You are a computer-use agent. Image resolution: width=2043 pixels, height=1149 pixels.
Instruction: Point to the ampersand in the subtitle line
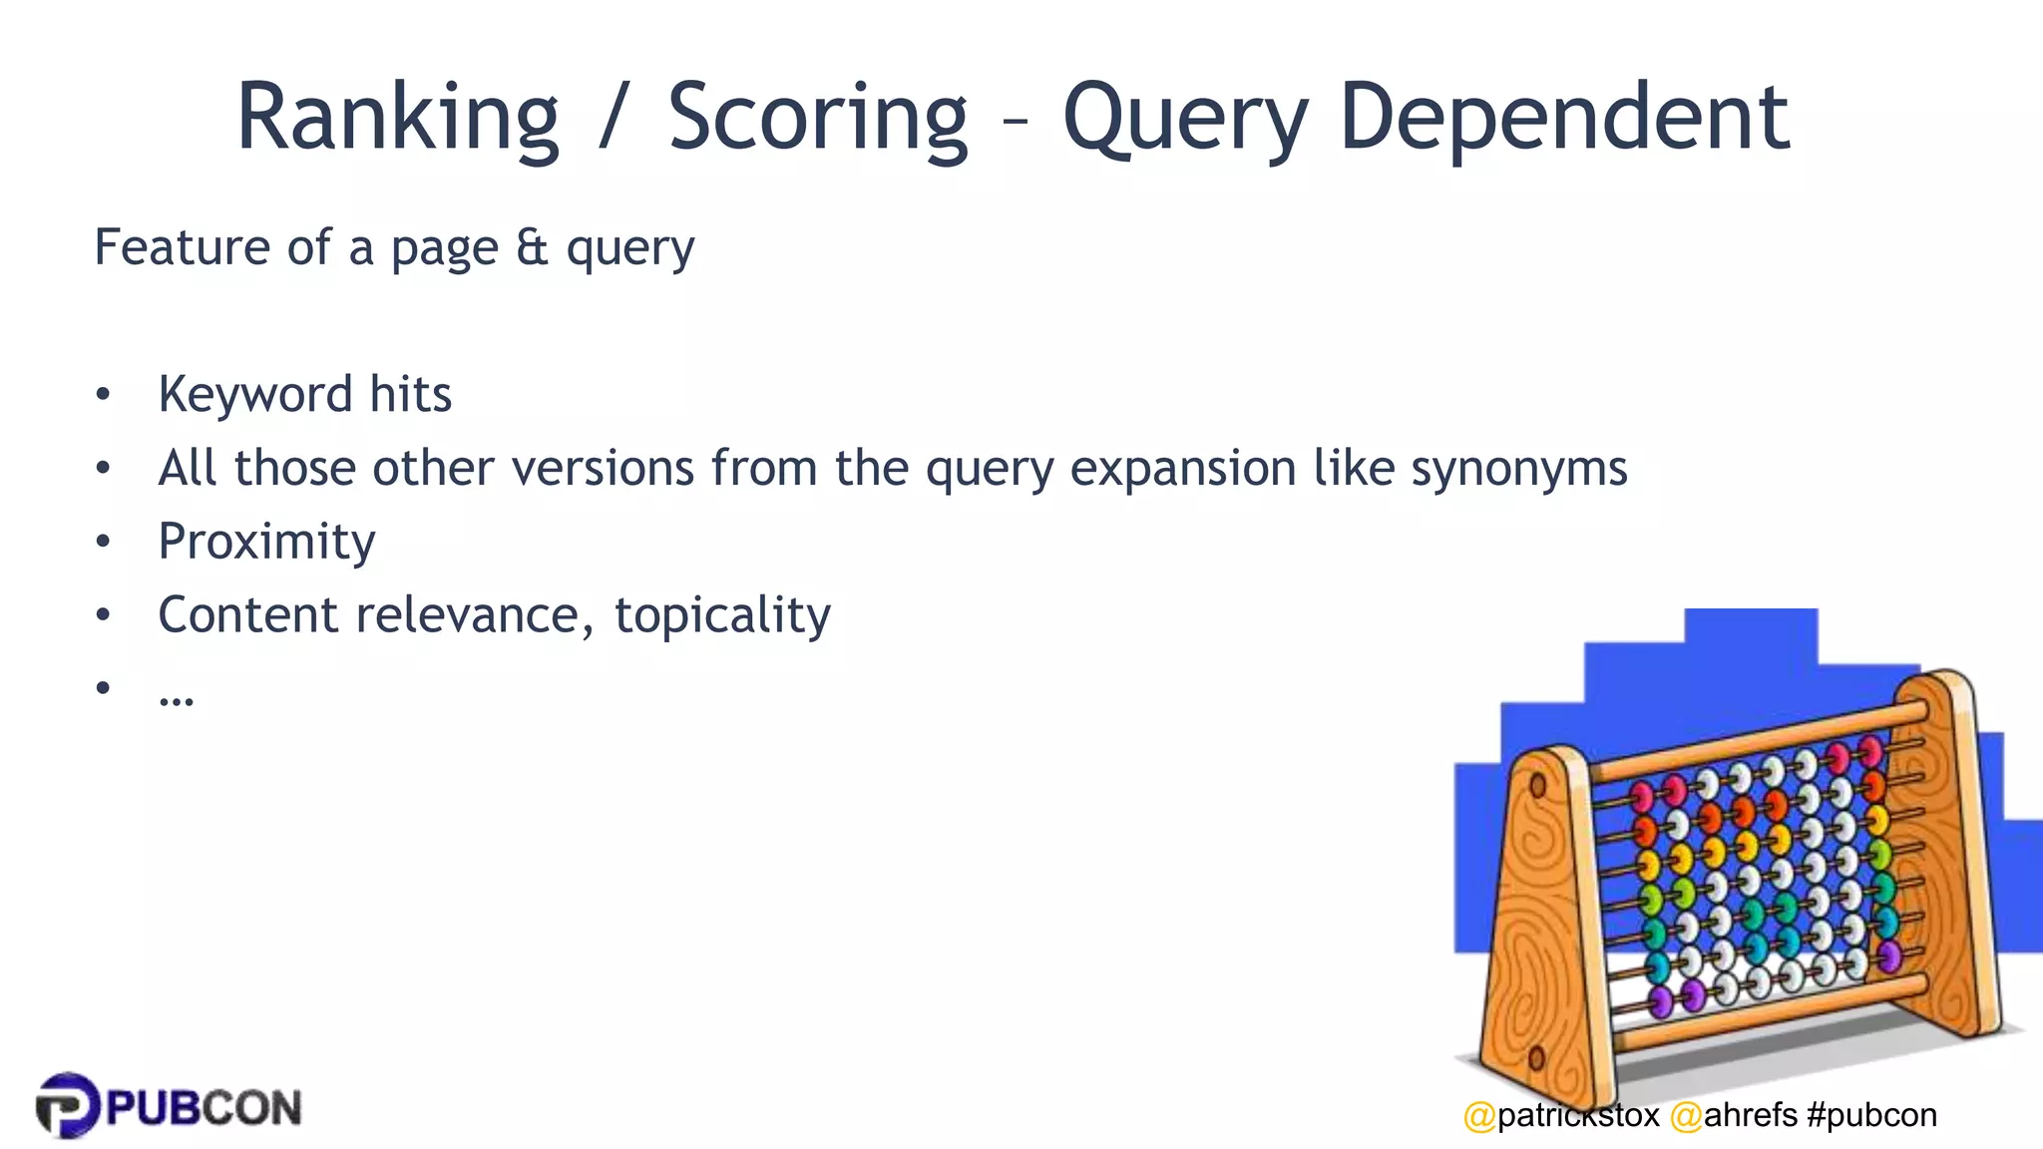pos(532,246)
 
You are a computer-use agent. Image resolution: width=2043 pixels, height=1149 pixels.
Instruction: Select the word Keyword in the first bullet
pos(254,394)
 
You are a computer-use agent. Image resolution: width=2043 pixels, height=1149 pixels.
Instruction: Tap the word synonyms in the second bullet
pos(1518,468)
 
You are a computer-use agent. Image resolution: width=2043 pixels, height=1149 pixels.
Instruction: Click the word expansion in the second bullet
pos(1182,468)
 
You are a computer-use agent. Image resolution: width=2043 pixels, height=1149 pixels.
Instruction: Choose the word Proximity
pos(266,542)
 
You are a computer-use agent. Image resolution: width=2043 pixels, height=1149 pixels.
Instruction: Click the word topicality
pos(722,614)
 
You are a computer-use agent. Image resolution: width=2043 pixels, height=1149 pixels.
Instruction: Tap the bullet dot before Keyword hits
pos(103,395)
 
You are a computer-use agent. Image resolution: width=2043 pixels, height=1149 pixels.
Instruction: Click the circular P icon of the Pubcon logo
pos(68,1105)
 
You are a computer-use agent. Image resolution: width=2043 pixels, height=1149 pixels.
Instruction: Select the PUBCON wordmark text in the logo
pos(204,1108)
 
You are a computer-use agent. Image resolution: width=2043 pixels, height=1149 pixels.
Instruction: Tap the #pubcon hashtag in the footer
pos(1871,1115)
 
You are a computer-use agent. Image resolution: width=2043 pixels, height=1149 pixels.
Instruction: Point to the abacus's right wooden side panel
pos(1950,848)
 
